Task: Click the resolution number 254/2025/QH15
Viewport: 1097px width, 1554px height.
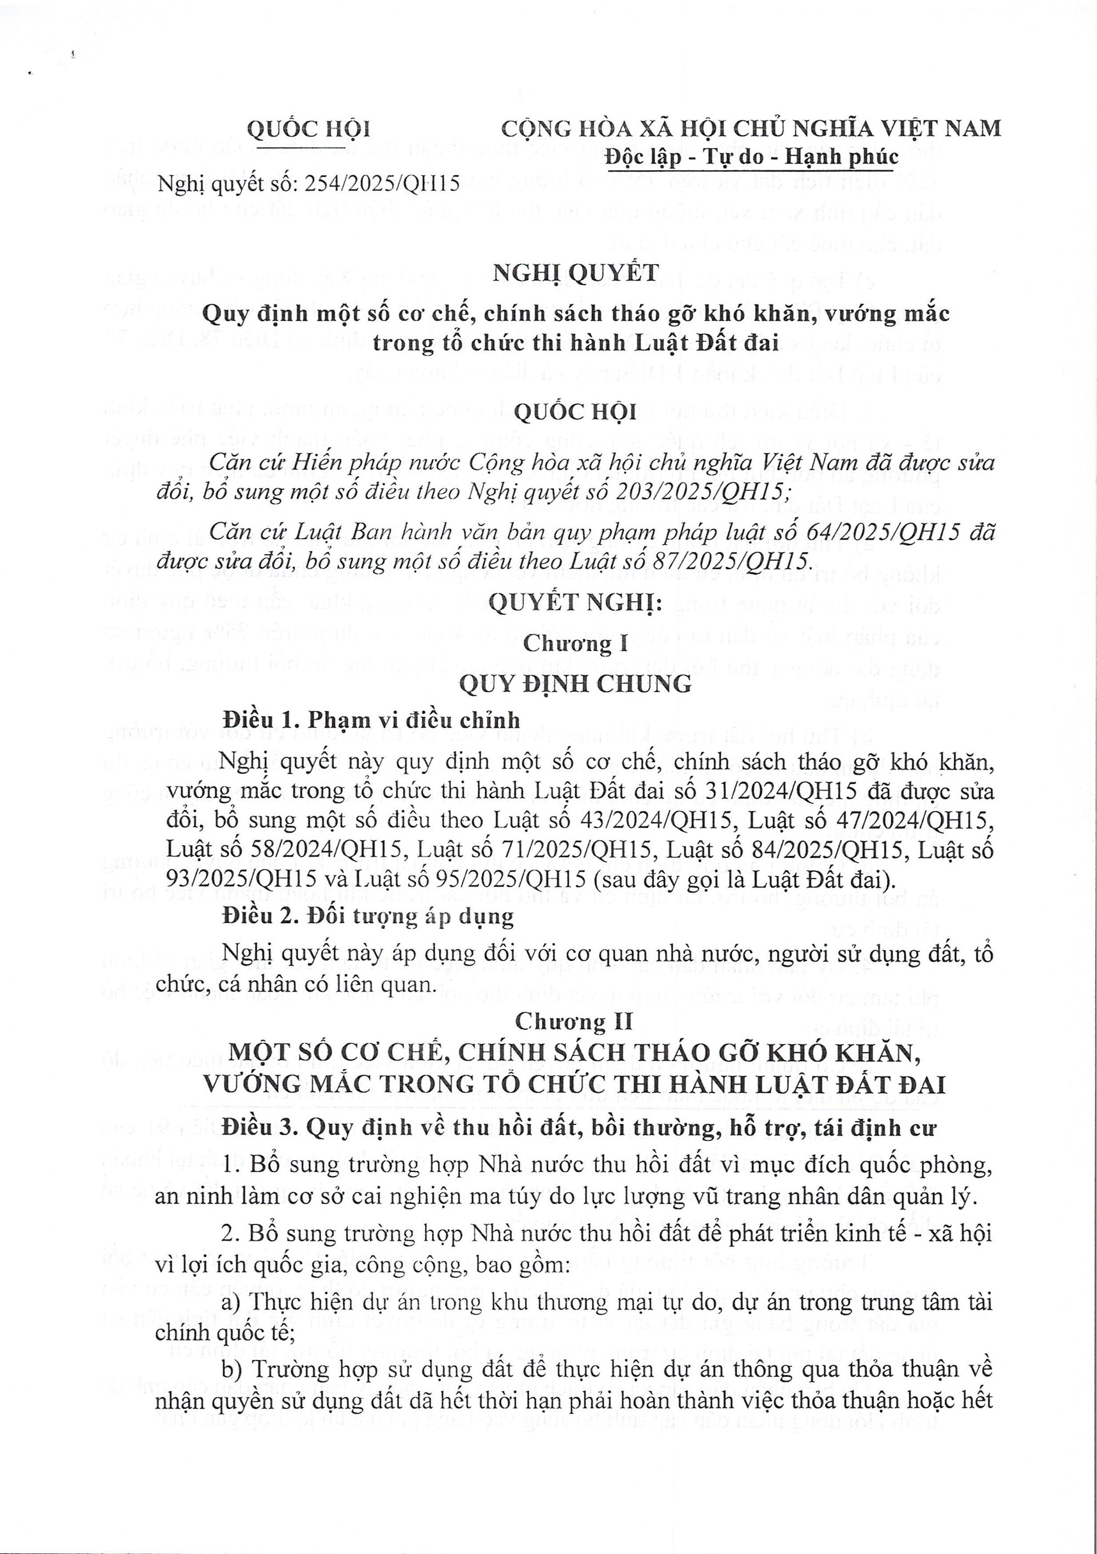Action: point(382,183)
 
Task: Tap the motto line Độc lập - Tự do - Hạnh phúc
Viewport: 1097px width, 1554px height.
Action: point(751,157)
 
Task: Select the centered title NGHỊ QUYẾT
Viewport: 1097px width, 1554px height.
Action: point(575,273)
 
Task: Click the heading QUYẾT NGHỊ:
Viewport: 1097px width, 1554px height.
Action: point(575,603)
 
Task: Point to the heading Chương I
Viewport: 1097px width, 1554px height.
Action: point(576,643)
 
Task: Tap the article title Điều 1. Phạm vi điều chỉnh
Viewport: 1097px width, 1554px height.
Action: point(371,720)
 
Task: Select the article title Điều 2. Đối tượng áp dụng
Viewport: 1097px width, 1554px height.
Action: point(368,917)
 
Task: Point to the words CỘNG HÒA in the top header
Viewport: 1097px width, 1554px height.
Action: point(559,128)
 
